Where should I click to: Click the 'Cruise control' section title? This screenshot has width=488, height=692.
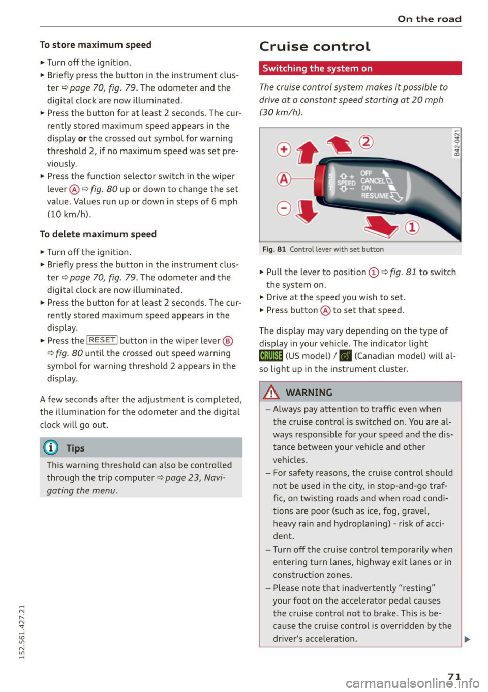[x=315, y=47]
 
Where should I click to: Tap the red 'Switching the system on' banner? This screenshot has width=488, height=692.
[x=360, y=68]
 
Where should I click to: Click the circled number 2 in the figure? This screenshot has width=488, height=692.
[x=366, y=142]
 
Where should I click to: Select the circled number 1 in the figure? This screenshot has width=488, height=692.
[x=412, y=227]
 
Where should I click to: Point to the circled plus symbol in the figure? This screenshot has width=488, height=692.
[x=284, y=149]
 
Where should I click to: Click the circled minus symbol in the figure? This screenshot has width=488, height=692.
[x=284, y=208]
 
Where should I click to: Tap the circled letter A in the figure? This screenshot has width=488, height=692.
[x=284, y=179]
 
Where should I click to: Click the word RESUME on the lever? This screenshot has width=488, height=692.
[x=375, y=196]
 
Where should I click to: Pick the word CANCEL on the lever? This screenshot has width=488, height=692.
[x=373, y=181]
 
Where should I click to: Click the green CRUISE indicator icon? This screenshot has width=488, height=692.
[x=270, y=356]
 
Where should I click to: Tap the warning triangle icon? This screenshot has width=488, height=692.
[x=272, y=393]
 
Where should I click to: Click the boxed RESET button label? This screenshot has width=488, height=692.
[x=102, y=340]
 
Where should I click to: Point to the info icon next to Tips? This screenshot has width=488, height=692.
[x=51, y=448]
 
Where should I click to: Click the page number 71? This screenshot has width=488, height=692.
[x=454, y=676]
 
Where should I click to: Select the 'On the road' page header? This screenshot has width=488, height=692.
[x=429, y=19]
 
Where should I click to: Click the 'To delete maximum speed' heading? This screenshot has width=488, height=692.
[x=98, y=234]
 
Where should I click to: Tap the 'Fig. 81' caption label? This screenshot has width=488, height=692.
[x=274, y=249]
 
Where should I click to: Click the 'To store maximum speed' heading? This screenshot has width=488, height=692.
[x=96, y=45]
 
